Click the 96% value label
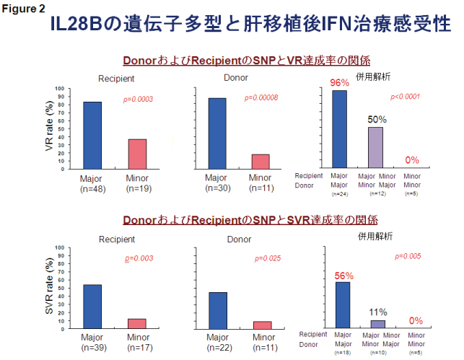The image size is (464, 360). coord(339,83)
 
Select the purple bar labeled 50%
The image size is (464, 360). coord(375,147)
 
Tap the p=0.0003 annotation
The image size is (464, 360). coord(138,99)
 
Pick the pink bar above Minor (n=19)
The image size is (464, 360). coord(137,153)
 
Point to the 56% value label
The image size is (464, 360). coord(343,276)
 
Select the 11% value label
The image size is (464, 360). coord(378,312)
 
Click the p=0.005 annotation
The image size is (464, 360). coord(409,257)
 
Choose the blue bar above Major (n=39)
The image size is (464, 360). coord(92,306)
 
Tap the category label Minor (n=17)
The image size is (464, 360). coord(138,342)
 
